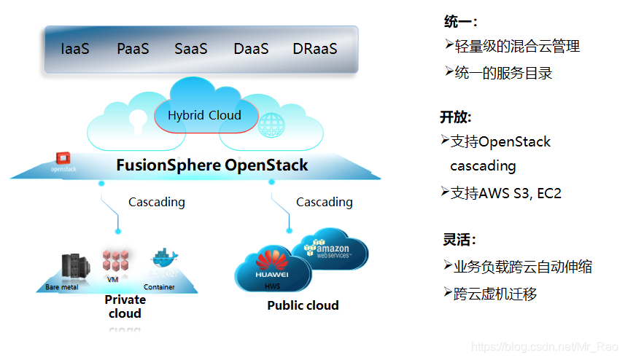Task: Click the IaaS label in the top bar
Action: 75,50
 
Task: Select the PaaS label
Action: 133,50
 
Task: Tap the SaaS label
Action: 191,50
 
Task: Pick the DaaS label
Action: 251,50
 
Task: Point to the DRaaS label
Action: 315,50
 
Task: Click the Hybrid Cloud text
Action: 204,115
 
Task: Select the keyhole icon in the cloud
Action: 138,120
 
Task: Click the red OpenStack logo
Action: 63,158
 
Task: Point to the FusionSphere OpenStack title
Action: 212,165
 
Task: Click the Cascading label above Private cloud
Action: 157,202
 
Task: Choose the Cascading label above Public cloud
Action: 324,202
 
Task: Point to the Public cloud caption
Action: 303,305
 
